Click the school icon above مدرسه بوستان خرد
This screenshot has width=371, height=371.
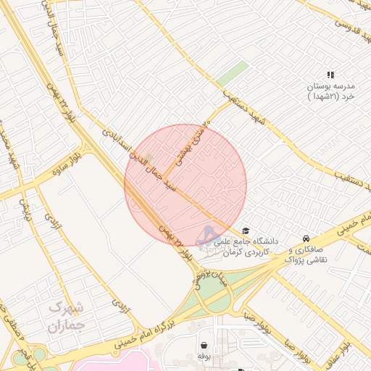coord(330,75)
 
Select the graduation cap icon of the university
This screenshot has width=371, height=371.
coord(246,231)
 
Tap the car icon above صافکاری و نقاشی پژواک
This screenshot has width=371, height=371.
coord(307,238)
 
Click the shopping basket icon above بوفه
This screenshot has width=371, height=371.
coord(204,345)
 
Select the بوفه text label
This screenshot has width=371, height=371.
coord(204,357)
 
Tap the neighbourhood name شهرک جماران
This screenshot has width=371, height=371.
coord(67,317)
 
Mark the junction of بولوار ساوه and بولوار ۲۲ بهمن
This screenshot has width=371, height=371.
coord(85,150)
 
